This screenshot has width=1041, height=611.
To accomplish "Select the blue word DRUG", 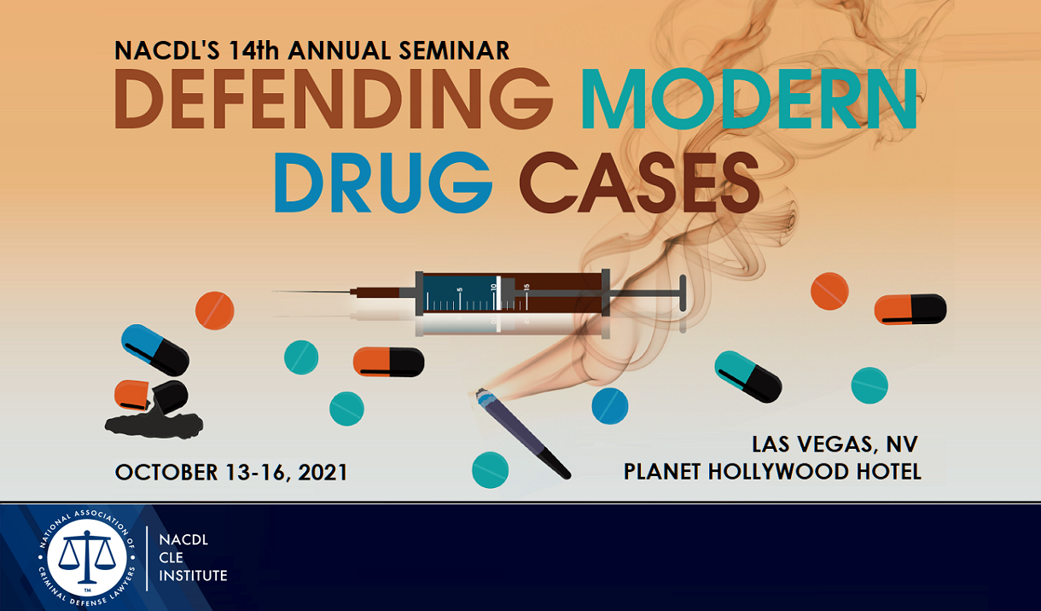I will tap(383, 182).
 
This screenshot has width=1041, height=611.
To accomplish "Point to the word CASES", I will tap(639, 182).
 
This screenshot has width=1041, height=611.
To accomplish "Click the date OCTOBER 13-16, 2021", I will tap(231, 472).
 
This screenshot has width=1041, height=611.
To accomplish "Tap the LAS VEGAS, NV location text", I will tap(835, 444).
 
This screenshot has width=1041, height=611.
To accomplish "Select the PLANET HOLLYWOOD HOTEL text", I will tap(772, 471).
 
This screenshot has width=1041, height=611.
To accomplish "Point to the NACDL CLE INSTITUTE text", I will tap(193, 557).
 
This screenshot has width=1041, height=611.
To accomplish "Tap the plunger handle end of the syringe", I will tap(683, 293).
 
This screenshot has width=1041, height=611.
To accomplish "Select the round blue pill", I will tap(610, 405).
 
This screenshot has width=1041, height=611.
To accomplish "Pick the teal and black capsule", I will tap(748, 376).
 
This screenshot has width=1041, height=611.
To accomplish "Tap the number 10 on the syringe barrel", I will tap(493, 288).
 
